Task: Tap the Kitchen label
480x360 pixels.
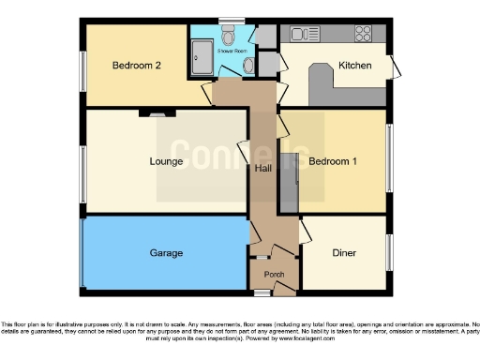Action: click(x=355, y=67)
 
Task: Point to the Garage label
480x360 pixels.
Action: click(x=166, y=253)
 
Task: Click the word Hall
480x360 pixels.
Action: click(x=263, y=169)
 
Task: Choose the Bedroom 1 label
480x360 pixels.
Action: click(x=333, y=161)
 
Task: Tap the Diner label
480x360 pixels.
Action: click(x=344, y=253)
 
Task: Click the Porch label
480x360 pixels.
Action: click(x=274, y=275)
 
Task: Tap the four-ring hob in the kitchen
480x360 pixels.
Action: click(x=362, y=34)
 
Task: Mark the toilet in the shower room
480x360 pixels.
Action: click(x=247, y=65)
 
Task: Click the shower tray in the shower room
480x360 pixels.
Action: click(x=202, y=61)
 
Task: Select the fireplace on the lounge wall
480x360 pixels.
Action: click(x=156, y=113)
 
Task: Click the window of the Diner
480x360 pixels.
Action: click(x=390, y=253)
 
